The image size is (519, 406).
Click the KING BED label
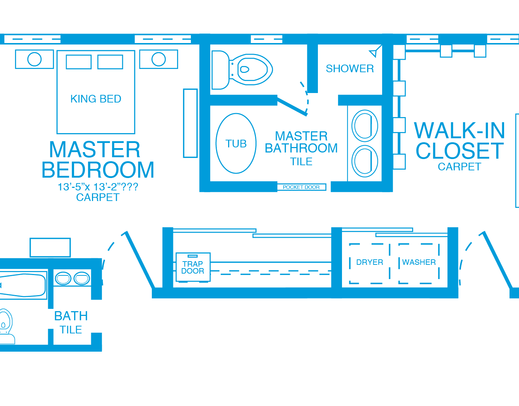click(x=96, y=99)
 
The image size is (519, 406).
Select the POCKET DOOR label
click(x=301, y=187)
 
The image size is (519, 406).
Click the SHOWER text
click(x=350, y=69)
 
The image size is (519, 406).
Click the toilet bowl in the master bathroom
click(x=251, y=69)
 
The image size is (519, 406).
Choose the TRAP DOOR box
click(x=193, y=267)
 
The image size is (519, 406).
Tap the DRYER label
click(x=369, y=262)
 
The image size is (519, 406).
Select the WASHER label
click(x=419, y=262)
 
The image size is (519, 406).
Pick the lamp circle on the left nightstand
click(x=34, y=59)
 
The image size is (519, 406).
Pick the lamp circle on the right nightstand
click(x=159, y=59)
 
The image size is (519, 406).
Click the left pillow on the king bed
click(x=78, y=62)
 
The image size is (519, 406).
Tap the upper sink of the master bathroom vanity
click(x=365, y=126)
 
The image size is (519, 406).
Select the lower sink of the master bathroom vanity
click(x=365, y=161)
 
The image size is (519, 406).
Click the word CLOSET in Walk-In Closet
click(x=460, y=151)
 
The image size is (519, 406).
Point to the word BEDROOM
click(x=98, y=170)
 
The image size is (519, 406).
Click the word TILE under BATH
click(x=71, y=330)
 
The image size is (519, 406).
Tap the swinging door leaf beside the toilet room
click(x=292, y=105)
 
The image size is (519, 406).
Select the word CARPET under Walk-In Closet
click(x=459, y=167)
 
